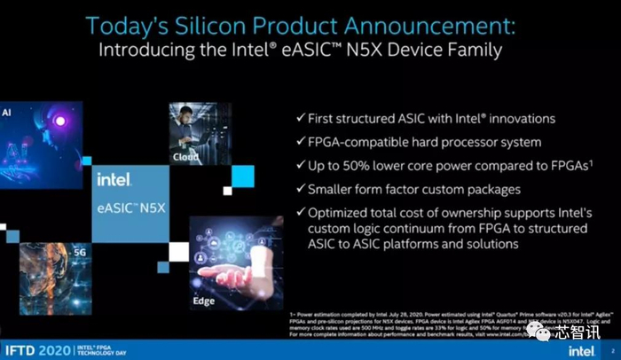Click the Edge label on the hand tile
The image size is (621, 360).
(205, 301)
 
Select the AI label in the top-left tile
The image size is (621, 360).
(6, 113)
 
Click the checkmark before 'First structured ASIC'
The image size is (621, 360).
(302, 119)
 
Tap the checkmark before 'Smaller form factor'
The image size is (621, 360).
(302, 188)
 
